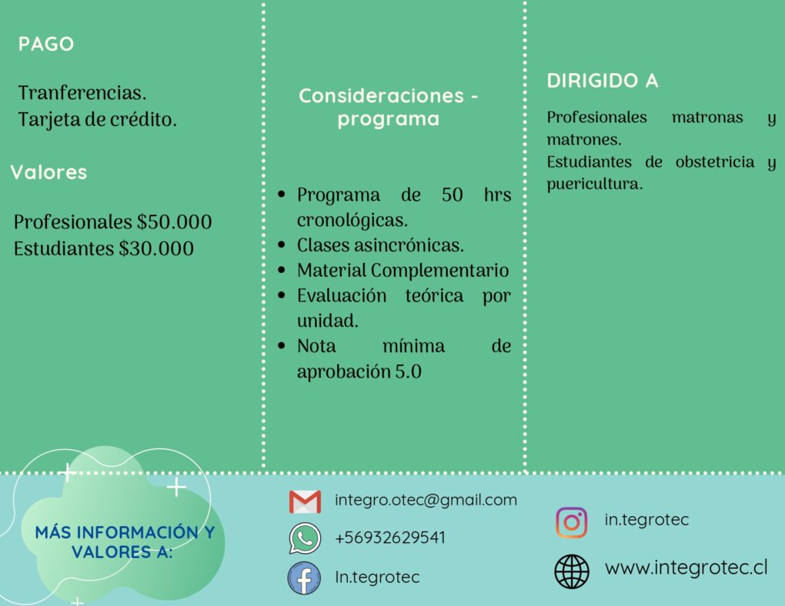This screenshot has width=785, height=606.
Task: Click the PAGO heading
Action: pyautogui.click(x=46, y=44)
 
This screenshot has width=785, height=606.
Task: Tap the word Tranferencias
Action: pyautogui.click(x=82, y=92)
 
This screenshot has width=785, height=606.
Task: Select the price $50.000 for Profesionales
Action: pyautogui.click(x=174, y=221)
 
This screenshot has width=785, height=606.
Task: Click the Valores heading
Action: pyautogui.click(x=48, y=172)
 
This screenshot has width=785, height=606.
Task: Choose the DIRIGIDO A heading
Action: pyautogui.click(x=603, y=81)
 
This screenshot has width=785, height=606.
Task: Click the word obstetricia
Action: pyautogui.click(x=714, y=161)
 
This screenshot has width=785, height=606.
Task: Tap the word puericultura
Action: pyautogui.click(x=594, y=184)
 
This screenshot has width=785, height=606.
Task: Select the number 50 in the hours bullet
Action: pyautogui.click(x=452, y=195)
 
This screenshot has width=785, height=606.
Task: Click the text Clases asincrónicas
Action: pyautogui.click(x=380, y=245)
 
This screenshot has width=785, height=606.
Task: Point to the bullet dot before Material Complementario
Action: pyautogui.click(x=282, y=270)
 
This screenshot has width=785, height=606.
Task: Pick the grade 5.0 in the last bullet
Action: pyautogui.click(x=409, y=371)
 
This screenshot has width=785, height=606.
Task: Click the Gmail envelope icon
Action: pyautogui.click(x=305, y=501)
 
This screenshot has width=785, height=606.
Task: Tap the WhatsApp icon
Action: pyautogui.click(x=305, y=538)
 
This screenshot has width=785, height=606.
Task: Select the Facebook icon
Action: pyautogui.click(x=304, y=578)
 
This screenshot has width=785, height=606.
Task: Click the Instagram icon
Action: pyautogui.click(x=572, y=522)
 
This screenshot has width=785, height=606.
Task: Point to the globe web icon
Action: pyautogui.click(x=572, y=571)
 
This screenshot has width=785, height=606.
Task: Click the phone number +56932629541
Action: pyautogui.click(x=390, y=538)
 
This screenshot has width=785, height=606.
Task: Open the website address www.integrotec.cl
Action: pyautogui.click(x=686, y=568)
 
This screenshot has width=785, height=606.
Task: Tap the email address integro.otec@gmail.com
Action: pyautogui.click(x=426, y=500)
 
